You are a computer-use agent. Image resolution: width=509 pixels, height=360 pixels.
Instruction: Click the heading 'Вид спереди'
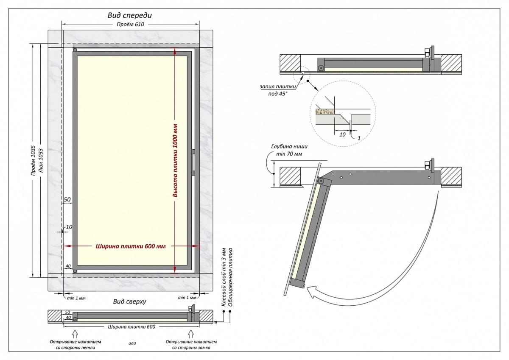point(129,15)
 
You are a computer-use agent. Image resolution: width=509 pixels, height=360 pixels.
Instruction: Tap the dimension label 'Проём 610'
point(131,25)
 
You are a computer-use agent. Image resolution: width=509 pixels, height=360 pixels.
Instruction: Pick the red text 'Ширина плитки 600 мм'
point(130,246)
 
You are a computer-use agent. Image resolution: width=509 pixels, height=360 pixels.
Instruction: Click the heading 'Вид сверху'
point(129,302)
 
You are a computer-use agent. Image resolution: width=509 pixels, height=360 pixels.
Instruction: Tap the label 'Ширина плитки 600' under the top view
point(131,327)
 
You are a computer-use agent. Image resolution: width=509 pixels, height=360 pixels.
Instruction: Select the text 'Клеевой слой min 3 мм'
point(224,276)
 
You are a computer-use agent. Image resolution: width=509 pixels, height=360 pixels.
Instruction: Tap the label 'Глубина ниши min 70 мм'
point(286,151)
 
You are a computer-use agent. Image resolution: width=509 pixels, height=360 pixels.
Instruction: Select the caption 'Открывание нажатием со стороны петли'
point(75,344)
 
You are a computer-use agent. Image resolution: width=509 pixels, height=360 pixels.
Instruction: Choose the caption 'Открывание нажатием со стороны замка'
point(191,344)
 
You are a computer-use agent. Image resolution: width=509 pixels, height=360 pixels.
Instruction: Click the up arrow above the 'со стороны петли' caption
point(75,332)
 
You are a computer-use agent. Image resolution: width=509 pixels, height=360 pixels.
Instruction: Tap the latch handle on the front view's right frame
point(193,162)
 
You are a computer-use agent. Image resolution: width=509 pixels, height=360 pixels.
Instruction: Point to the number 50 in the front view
point(67,199)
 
